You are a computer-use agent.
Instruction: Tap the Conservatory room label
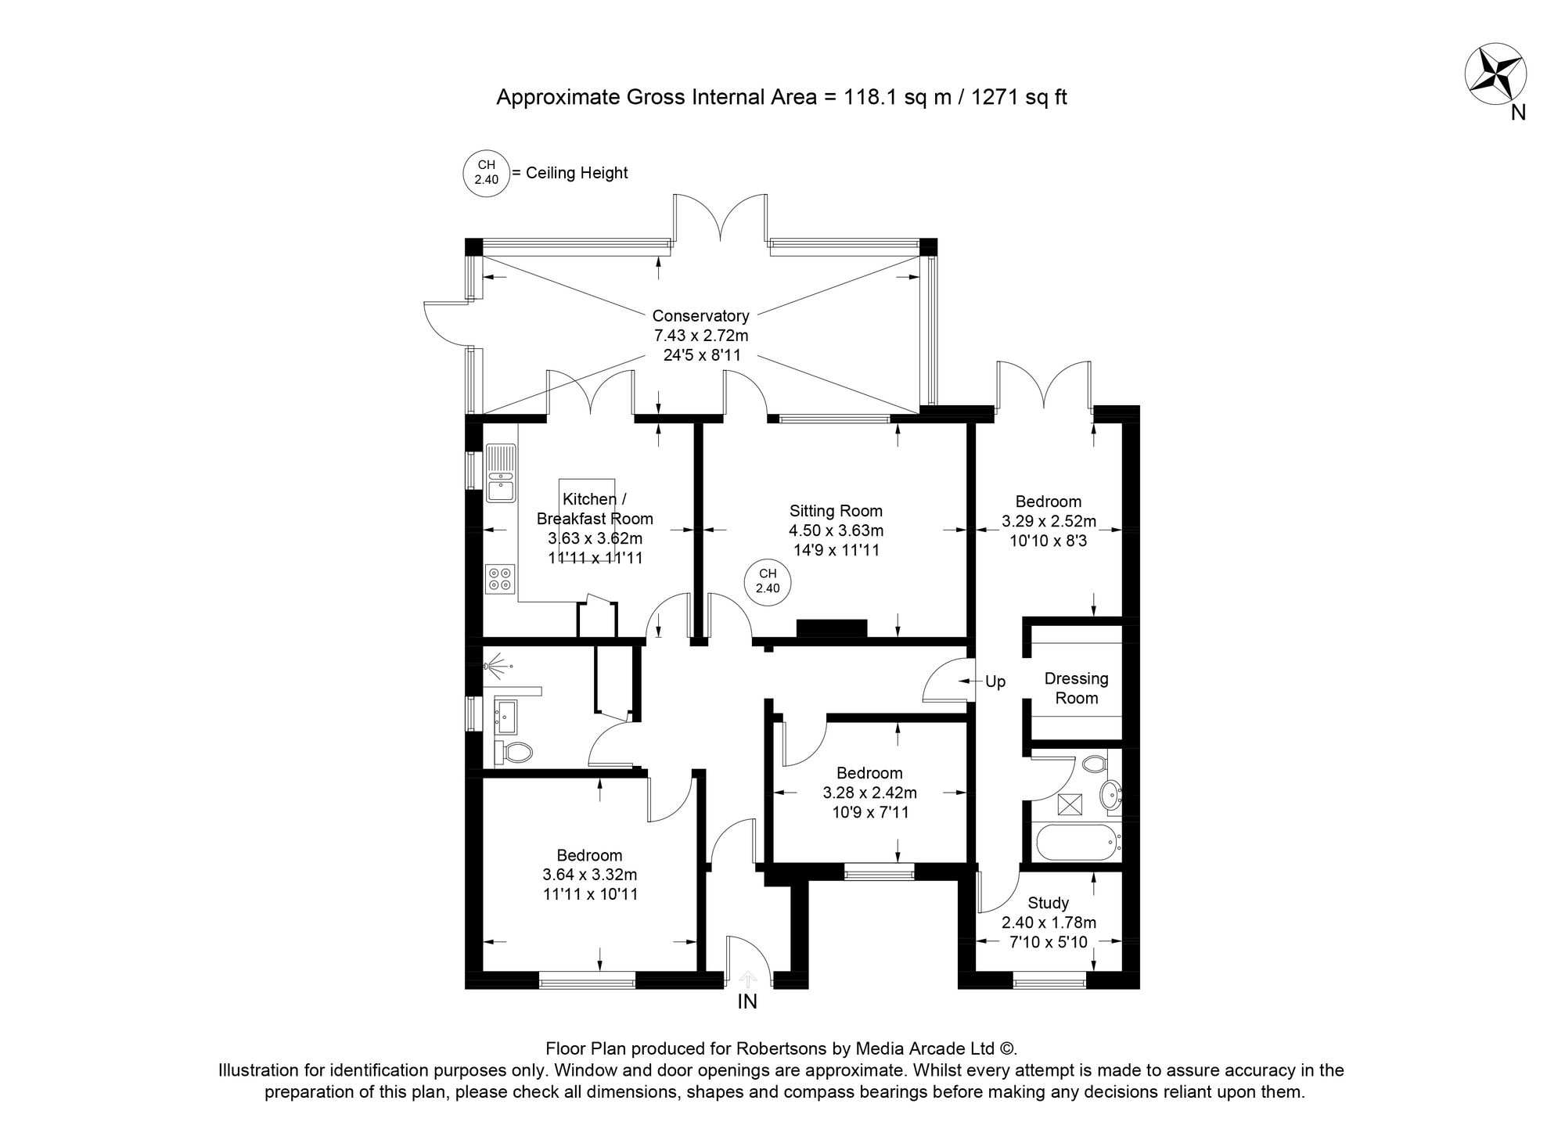(700, 316)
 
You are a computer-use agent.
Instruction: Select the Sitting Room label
(835, 511)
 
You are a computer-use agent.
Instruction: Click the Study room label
(1049, 903)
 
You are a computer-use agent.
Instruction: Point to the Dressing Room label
(1076, 688)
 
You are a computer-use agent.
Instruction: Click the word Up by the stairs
(995, 682)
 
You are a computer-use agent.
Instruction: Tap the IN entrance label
(747, 1002)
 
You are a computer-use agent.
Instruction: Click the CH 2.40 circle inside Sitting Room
(767, 583)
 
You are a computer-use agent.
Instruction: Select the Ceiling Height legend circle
(486, 172)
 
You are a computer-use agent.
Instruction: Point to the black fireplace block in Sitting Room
(831, 628)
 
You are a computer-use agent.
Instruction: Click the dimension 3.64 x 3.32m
(589, 875)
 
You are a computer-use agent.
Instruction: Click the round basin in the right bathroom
(1109, 795)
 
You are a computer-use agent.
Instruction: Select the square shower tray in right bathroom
(1069, 804)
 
